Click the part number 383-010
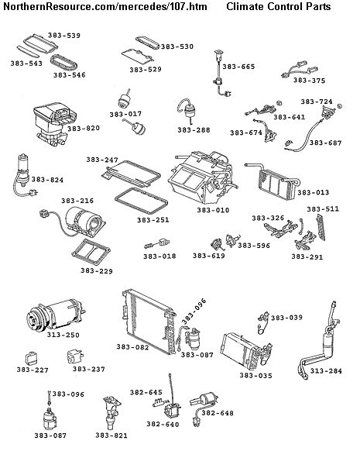(212, 209)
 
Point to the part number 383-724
(316, 102)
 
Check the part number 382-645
(146, 393)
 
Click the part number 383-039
(286, 318)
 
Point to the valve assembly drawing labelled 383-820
(47, 124)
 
